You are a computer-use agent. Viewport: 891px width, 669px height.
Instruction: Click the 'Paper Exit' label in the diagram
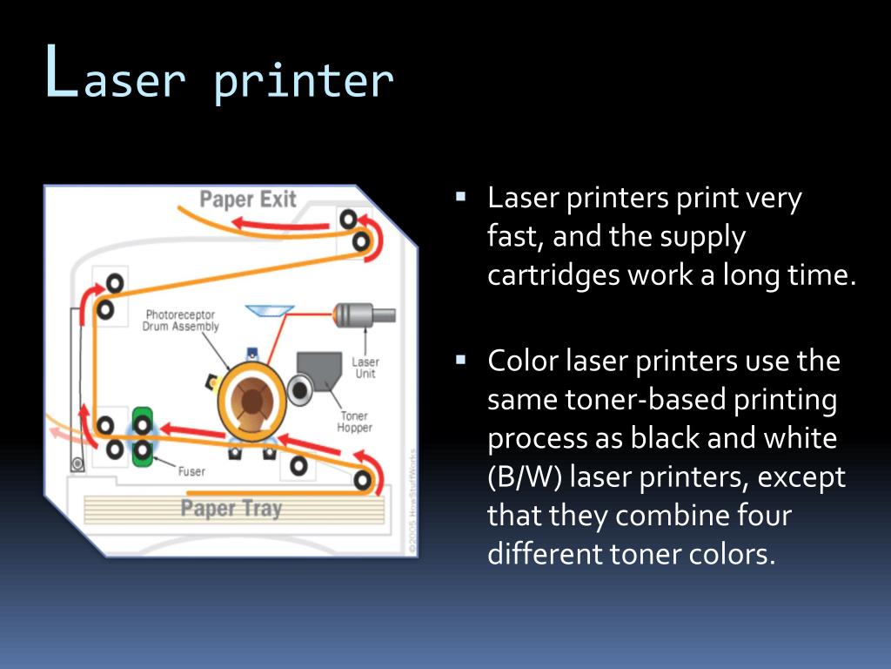click(248, 199)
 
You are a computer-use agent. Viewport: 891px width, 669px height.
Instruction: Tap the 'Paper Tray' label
click(231, 507)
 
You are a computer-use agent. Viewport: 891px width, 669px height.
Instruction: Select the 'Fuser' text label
click(191, 471)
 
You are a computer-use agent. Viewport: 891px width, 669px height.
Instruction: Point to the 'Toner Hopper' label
click(354, 422)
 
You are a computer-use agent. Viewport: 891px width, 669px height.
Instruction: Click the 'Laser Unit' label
click(365, 368)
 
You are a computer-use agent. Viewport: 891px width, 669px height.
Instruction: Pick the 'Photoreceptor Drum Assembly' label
click(180, 321)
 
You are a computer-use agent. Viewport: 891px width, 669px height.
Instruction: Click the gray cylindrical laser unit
click(365, 315)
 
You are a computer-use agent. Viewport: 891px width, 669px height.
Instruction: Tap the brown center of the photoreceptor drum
click(251, 401)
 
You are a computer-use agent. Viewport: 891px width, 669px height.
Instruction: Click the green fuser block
click(142, 435)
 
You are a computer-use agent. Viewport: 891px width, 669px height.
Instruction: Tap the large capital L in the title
click(61, 74)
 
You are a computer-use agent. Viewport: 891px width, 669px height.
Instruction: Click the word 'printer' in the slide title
click(303, 81)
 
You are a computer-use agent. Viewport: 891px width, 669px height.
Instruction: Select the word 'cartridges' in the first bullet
click(546, 275)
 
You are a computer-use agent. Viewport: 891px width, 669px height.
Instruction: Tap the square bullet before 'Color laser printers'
click(461, 358)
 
